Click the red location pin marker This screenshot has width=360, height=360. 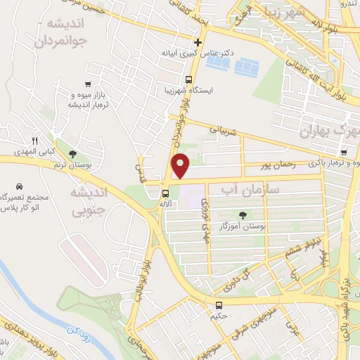pos(181,165)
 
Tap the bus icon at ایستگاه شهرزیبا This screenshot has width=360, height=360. pos(188,79)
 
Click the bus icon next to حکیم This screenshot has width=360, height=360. pos(219,305)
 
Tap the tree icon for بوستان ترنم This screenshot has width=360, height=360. pos(72,153)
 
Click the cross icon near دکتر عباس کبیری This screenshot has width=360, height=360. pos(198,42)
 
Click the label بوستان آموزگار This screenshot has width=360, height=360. pos(243,226)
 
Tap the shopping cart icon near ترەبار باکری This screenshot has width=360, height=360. pos(343,153)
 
